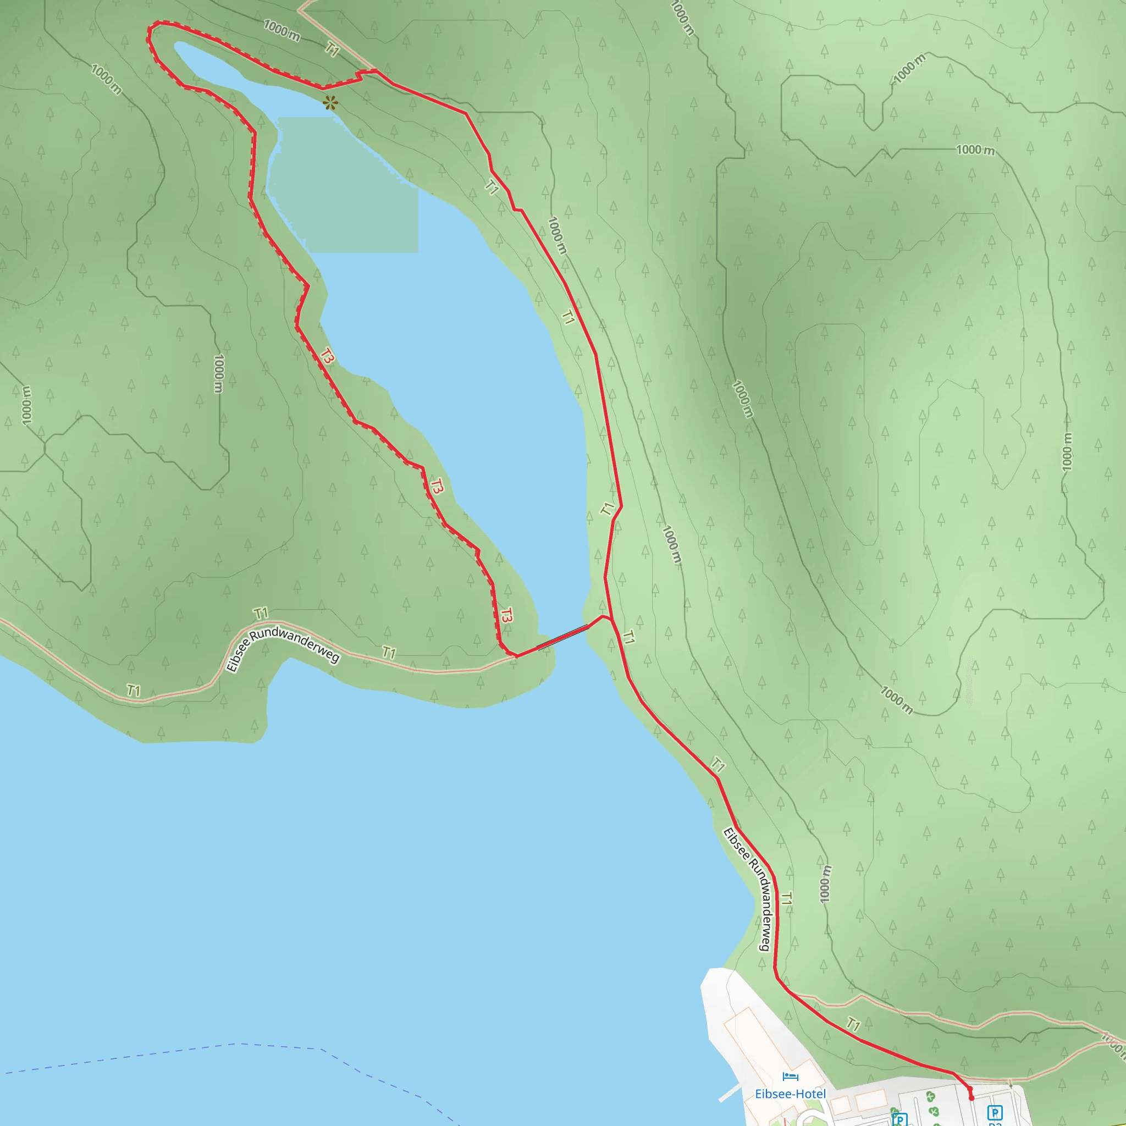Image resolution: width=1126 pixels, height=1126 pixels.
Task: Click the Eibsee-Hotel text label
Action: [x=790, y=1094]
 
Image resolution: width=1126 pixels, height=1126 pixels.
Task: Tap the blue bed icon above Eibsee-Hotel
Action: [x=790, y=1077]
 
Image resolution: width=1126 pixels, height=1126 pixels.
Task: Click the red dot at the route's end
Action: [x=972, y=1098]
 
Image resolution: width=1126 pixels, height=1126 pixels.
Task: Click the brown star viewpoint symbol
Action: [x=330, y=103]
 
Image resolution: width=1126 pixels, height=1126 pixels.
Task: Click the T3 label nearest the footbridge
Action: [x=506, y=615]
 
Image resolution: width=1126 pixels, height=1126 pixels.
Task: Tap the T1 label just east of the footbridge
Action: [x=628, y=638]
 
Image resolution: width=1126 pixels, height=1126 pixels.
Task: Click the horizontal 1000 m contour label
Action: [x=975, y=150]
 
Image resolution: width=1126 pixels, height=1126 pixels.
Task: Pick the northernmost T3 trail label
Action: [x=327, y=356]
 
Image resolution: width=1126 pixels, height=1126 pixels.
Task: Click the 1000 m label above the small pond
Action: [x=281, y=30]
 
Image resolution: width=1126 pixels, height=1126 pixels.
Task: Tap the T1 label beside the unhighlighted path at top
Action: [x=332, y=49]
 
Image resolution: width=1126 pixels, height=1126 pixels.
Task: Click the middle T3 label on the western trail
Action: [x=437, y=485]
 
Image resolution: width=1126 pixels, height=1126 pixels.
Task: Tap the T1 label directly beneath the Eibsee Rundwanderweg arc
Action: [x=389, y=653]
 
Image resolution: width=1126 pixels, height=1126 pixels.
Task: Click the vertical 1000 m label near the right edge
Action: [x=1067, y=452]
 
